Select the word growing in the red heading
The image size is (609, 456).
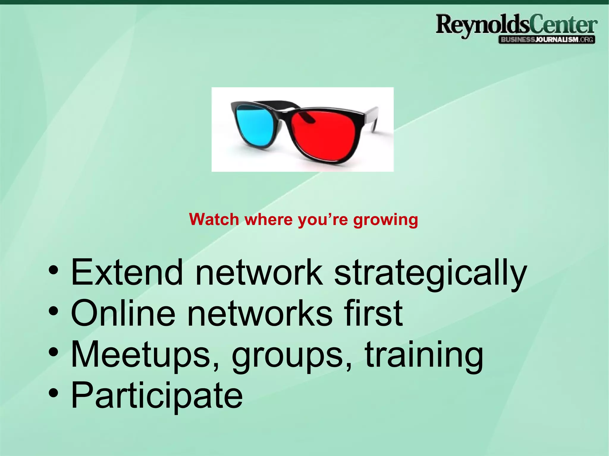pyautogui.click(x=385, y=220)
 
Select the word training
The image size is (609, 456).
pyautogui.click(x=424, y=355)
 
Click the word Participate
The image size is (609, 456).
pyautogui.click(x=157, y=396)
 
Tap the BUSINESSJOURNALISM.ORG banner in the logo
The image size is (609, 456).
pyautogui.click(x=547, y=40)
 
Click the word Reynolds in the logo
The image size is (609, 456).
pyautogui.click(x=482, y=25)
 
